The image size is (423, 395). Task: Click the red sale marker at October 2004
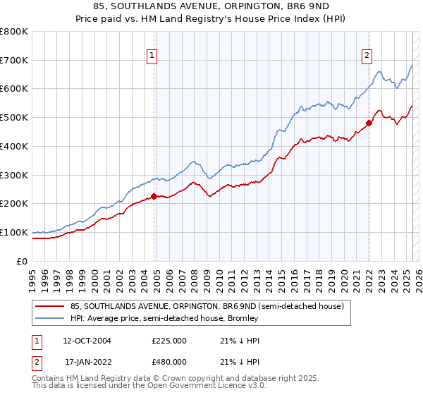154,197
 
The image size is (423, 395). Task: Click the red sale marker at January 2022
369,123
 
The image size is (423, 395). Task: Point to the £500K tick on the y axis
15,118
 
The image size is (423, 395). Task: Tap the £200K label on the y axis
15,204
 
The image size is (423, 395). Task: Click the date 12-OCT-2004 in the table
87,341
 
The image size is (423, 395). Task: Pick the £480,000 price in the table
168,362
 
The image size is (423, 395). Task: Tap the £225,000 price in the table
168,341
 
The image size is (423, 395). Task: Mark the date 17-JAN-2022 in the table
87,362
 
